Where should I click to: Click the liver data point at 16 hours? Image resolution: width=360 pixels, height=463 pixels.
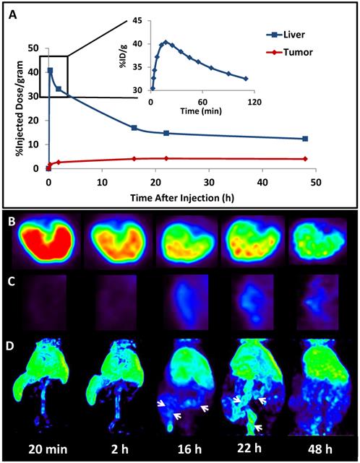pyautogui.click(x=134, y=128)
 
